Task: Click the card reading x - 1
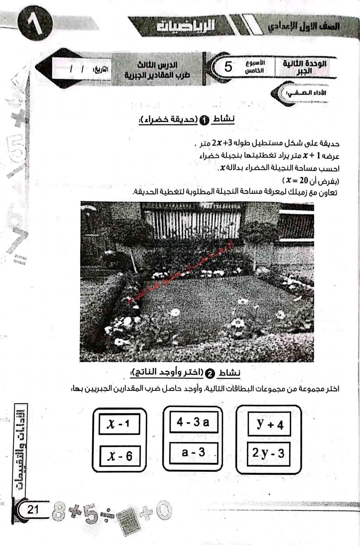pos(119,424)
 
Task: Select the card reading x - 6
pos(120,456)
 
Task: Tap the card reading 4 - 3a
pos(193,422)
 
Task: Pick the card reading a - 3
pos(193,452)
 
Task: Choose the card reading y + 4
pos(269,424)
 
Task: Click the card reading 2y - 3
pos(268,453)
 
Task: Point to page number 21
pos(33,509)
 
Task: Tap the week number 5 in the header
pos(228,67)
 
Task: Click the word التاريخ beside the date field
pos(100,69)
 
